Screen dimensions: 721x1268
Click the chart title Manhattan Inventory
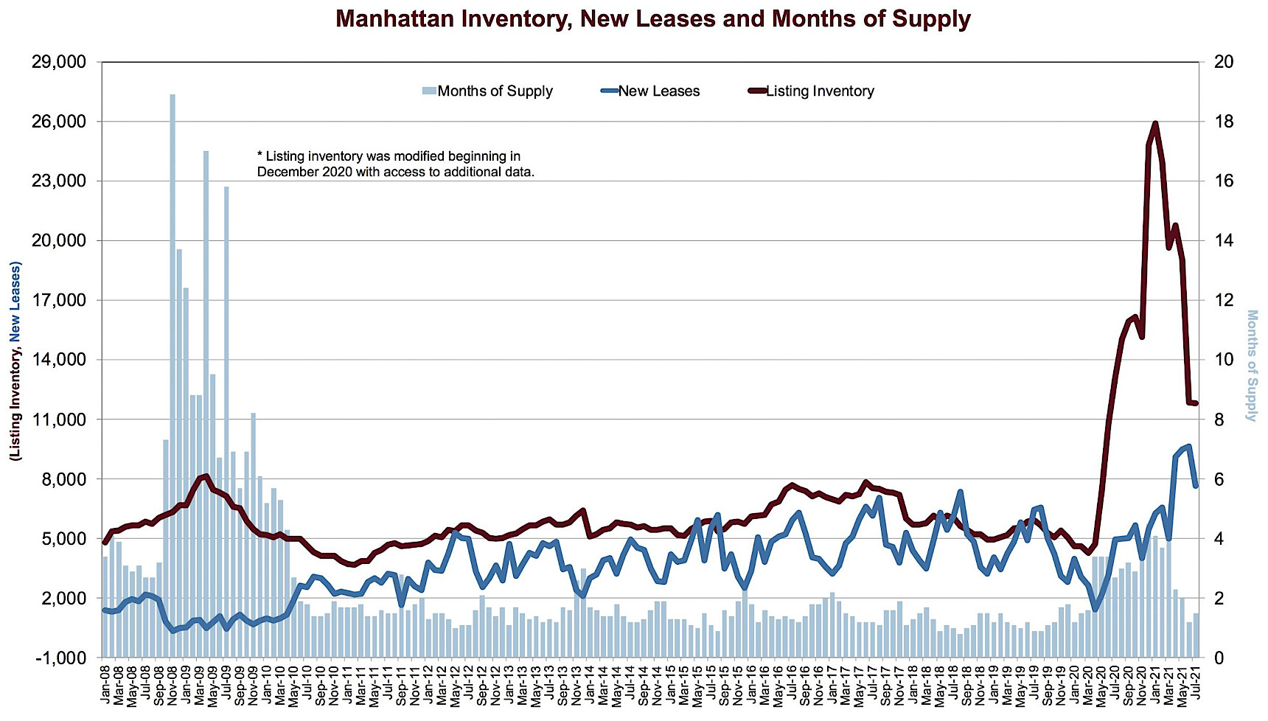[652, 18]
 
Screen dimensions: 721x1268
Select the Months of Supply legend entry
[487, 91]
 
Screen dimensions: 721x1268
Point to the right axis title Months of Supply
[1251, 365]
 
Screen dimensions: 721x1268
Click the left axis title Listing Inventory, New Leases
[15, 361]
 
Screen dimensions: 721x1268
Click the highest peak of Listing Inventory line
[1155, 123]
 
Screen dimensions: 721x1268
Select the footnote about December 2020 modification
[395, 164]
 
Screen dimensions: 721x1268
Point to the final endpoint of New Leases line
[1196, 486]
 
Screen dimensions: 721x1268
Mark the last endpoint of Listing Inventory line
[1196, 403]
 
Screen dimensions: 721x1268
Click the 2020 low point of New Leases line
[1095, 609]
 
